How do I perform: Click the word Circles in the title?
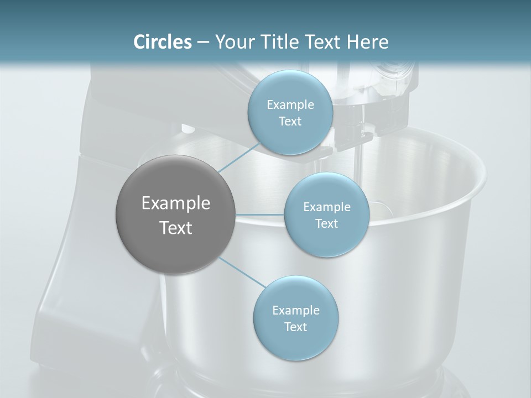[163, 42]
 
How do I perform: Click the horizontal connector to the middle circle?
[260, 214]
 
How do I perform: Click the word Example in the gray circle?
[176, 203]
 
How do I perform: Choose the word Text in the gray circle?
[176, 228]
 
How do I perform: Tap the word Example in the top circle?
[290, 104]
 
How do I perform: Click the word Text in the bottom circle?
[295, 327]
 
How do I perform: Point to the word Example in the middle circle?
[327, 207]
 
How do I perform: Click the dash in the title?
[202, 42]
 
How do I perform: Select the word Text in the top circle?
[290, 121]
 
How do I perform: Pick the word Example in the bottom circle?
[296, 310]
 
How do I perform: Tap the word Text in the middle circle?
[326, 223]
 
